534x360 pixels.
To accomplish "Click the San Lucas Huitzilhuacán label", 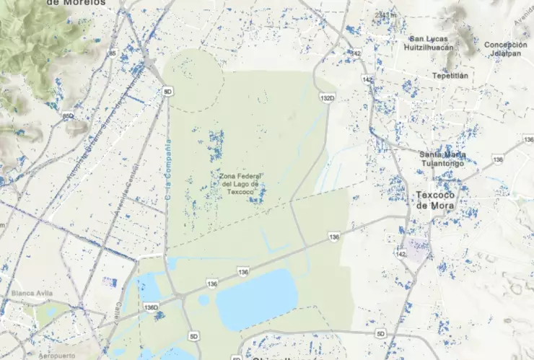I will tap(431, 43).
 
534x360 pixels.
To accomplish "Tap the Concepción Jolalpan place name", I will tap(505, 48).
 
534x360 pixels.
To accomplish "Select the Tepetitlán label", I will tap(450, 75).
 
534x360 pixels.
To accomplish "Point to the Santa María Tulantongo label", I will tap(442, 158).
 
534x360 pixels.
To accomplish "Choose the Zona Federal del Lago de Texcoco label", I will tap(239, 183).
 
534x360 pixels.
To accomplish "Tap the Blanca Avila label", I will tap(31, 293).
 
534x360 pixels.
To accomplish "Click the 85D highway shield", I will tap(69, 115).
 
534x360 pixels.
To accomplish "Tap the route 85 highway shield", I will tap(113, 53).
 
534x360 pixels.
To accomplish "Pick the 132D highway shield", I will tap(328, 97).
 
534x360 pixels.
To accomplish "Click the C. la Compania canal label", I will tap(168, 170).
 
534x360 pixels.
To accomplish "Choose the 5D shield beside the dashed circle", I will tap(168, 92).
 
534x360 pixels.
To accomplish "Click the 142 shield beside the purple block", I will tap(401, 255).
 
